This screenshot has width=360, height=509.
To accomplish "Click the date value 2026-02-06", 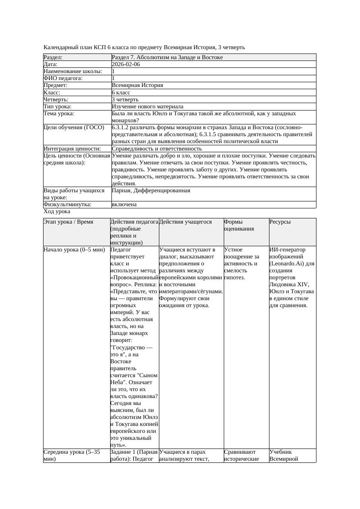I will click(126, 64).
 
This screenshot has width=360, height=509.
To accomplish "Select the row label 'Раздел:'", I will click(53, 57).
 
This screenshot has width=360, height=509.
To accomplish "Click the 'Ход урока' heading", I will click(57, 211).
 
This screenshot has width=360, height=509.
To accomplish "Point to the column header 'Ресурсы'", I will click(280, 222).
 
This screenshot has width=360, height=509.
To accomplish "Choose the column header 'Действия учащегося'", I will click(185, 222).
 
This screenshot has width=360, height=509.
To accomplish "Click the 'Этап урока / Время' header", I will click(68, 222).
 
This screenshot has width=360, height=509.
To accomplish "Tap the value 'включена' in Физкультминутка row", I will click(124, 204).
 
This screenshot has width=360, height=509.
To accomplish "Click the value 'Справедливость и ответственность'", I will click(157, 149).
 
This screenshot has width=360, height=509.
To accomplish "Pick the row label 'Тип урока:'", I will click(57, 107).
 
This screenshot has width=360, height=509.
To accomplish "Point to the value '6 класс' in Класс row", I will click(121, 93).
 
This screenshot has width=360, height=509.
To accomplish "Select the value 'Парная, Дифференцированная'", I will click(151, 191).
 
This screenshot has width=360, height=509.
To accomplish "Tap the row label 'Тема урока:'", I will click(59, 114).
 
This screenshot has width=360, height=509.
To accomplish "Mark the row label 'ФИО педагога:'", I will click(63, 78).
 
